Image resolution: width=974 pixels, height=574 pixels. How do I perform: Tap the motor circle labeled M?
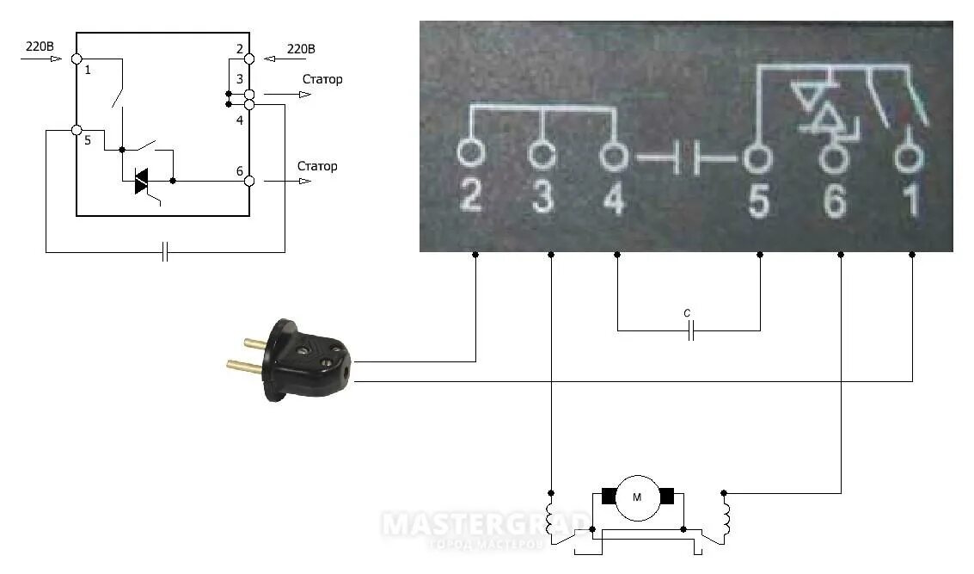point(637,497)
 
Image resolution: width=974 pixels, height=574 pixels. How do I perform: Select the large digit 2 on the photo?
point(470,198)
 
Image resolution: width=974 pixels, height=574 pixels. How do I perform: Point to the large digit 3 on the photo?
point(541,198)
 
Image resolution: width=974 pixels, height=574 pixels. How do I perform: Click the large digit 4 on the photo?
point(613,198)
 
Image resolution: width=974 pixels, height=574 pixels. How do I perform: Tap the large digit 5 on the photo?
point(757,200)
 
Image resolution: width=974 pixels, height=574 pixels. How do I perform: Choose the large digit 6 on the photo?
point(833,200)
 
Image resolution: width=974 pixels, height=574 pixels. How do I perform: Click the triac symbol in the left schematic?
point(142,181)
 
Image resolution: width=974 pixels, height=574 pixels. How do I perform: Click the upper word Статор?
point(322,79)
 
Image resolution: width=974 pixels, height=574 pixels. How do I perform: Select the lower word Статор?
point(317,166)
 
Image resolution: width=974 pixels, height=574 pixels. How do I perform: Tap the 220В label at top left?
point(39,47)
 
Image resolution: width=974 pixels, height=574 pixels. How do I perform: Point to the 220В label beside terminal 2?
point(301,48)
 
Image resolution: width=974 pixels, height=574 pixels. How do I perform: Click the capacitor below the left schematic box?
point(166,252)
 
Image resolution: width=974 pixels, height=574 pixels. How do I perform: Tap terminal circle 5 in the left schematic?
point(77,131)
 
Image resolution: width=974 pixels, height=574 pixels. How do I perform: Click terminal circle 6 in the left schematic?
point(249,181)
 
